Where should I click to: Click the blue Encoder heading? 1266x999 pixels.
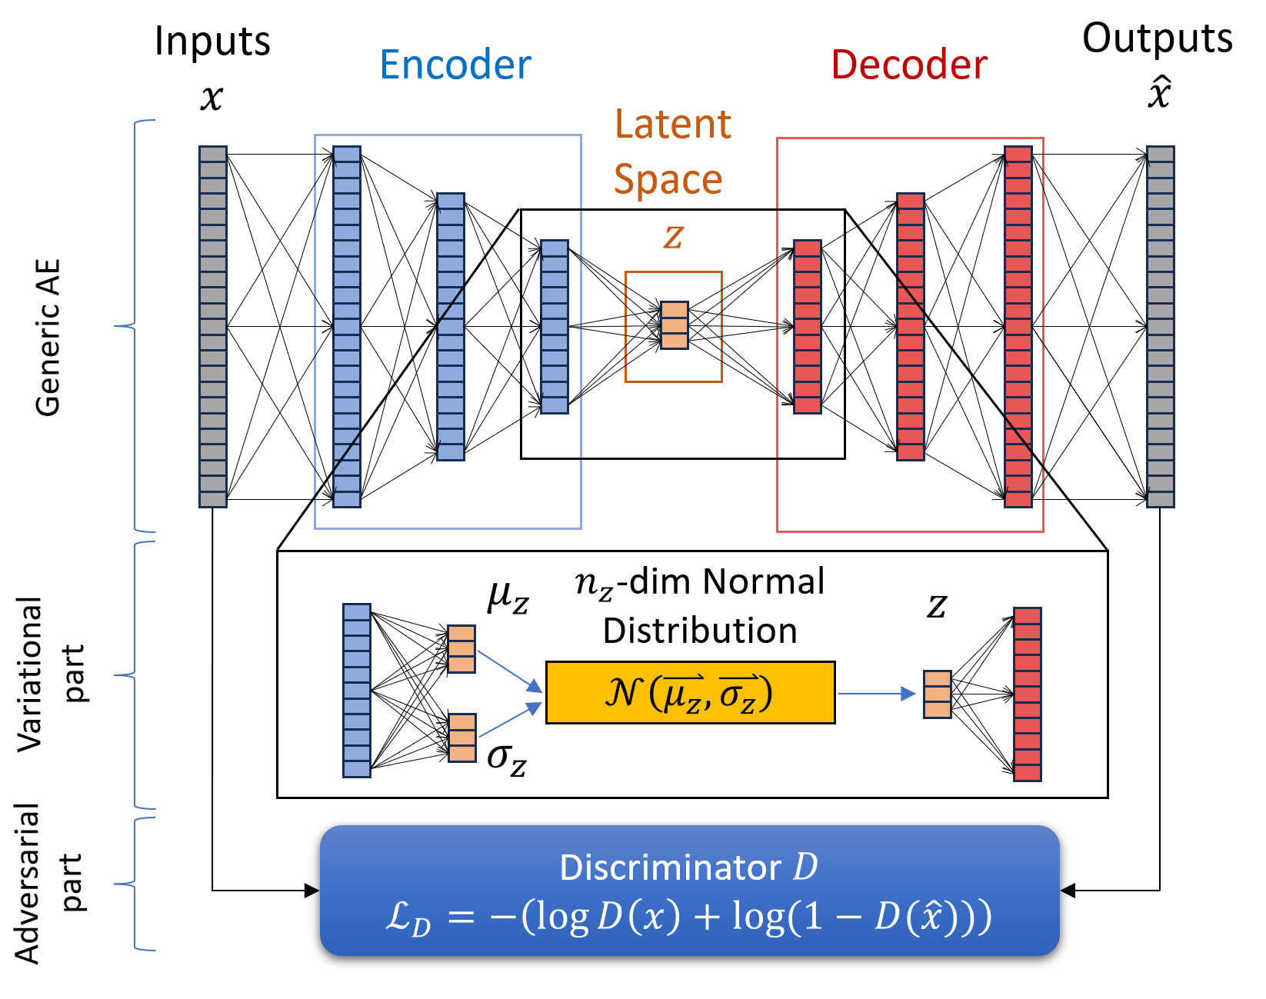point(455,65)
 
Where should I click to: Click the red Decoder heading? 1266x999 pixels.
point(908,65)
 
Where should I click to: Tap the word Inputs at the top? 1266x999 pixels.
point(212,41)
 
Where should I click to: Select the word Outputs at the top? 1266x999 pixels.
point(1157,38)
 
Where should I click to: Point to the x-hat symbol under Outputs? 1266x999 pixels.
point(1159,94)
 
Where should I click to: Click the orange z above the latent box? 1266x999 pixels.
point(673,235)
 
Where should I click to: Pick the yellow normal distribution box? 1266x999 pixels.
point(690,692)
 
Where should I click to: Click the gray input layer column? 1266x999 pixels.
point(213,327)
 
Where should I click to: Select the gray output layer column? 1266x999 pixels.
point(1160,327)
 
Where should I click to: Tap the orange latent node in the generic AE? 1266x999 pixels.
point(674,325)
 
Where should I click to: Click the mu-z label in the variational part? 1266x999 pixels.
point(508,597)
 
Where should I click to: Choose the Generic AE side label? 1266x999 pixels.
point(48,338)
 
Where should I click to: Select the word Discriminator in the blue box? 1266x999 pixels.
point(669,867)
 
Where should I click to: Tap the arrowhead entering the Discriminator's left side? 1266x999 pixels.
point(312,891)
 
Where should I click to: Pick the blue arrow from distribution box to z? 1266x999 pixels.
point(877,694)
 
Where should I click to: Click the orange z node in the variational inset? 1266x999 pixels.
point(938,694)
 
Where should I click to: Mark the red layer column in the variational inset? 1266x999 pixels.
point(1027,694)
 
